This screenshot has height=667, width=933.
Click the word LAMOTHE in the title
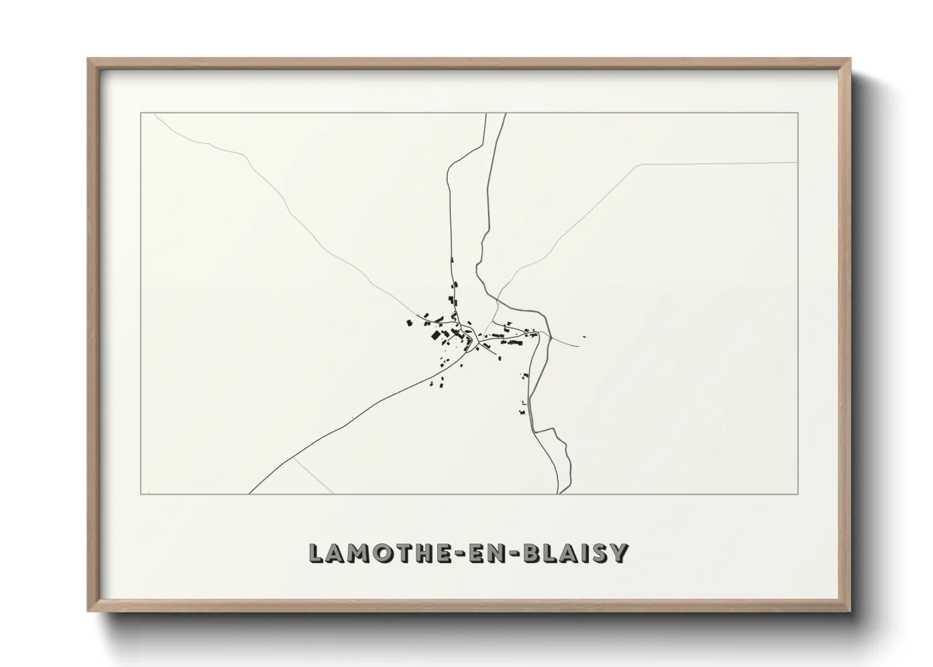[372, 553]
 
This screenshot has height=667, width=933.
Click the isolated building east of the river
[584, 337]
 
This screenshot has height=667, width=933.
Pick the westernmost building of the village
[409, 323]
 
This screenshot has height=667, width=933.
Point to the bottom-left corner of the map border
[141, 494]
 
